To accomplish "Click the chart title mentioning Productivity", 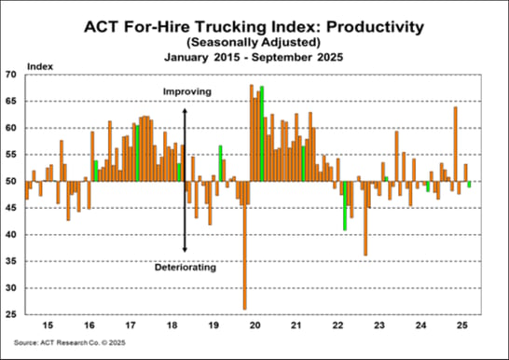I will click(x=254, y=24).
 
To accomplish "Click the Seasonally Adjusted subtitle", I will click(x=254, y=42).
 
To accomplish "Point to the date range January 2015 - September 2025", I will click(x=254, y=58).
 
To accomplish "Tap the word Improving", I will click(x=187, y=91).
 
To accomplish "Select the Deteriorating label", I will click(x=185, y=268).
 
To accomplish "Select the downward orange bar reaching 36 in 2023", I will click(x=365, y=218).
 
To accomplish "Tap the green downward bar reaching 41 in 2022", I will click(x=345, y=205).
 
